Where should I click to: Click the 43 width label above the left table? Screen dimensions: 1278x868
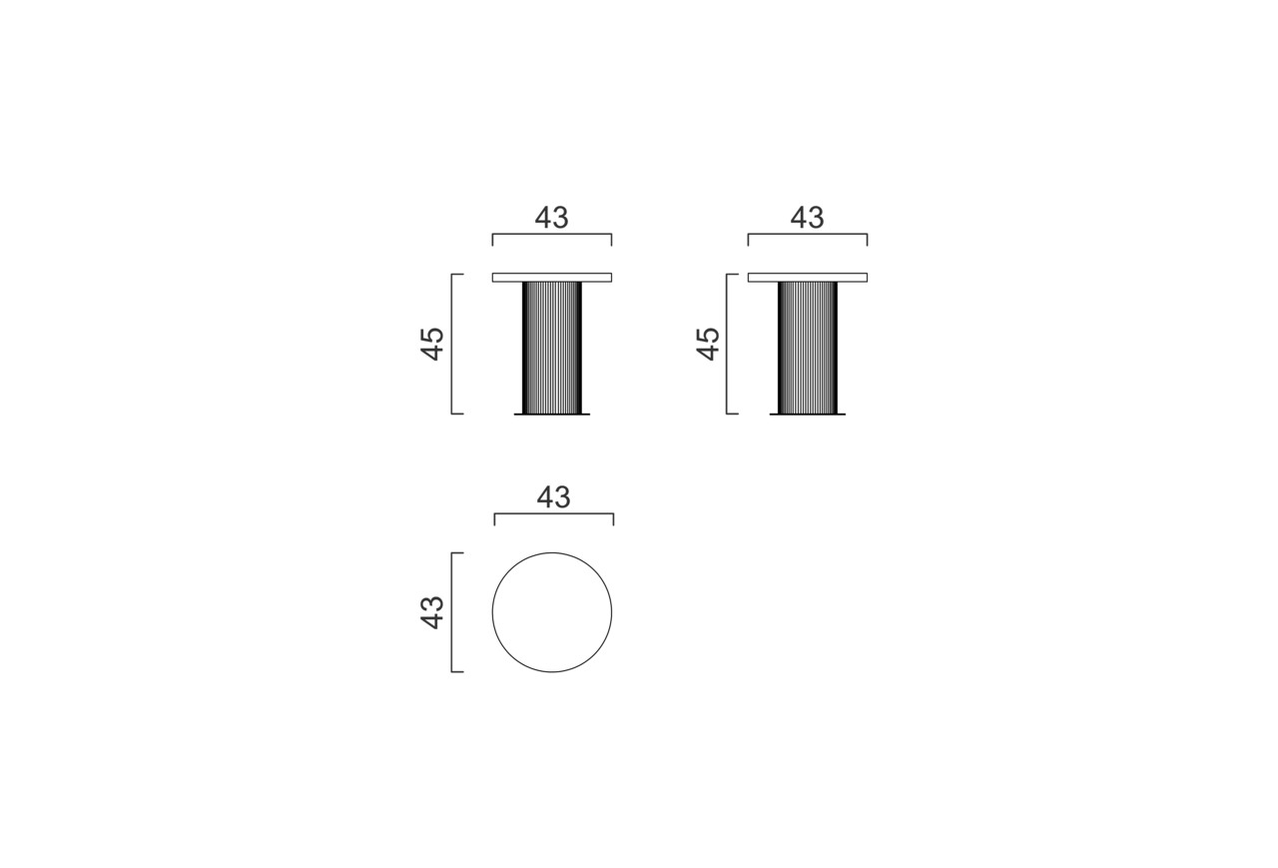(552, 218)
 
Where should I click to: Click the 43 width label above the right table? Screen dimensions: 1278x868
(808, 218)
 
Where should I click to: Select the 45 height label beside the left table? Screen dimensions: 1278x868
(432, 345)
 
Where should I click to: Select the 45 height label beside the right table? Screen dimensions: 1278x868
(708, 345)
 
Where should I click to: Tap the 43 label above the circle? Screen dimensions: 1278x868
(553, 497)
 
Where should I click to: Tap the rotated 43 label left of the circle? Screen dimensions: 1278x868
(432, 612)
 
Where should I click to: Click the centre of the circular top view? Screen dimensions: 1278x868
(552, 612)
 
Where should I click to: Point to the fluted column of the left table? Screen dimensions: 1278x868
(552, 348)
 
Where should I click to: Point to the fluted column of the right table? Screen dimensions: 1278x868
(808, 348)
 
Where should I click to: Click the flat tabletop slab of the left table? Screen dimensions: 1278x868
(552, 278)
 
